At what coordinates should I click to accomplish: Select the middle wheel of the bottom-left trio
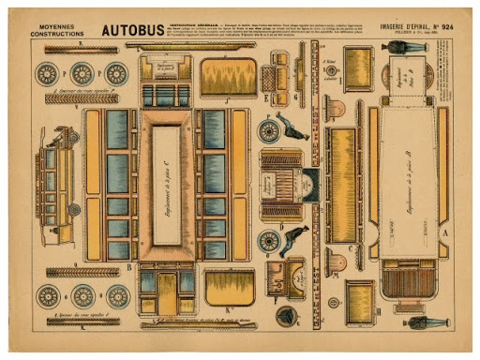pyautogui.click(x=82, y=296)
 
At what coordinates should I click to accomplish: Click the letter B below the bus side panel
pyautogui.click(x=127, y=266)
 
